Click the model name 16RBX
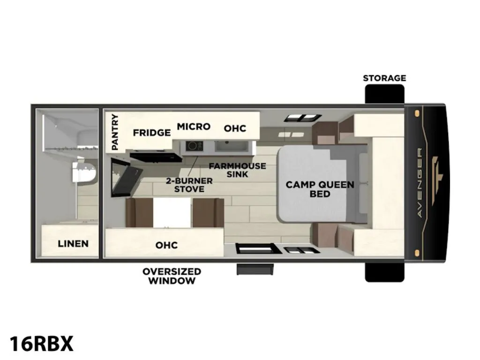(42, 344)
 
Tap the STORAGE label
(384, 78)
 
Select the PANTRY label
(115, 132)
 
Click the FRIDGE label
(152, 133)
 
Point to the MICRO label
(194, 127)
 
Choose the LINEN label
(73, 244)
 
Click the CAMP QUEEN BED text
(320, 189)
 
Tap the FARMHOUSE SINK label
(238, 170)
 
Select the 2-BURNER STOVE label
(189, 185)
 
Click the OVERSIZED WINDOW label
(172, 276)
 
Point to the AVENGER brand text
(420, 183)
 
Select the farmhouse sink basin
(231, 146)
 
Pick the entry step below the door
(255, 270)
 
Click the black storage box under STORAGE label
(384, 94)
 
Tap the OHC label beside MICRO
(235, 128)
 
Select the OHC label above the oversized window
(166, 245)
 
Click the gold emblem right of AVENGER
(437, 180)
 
